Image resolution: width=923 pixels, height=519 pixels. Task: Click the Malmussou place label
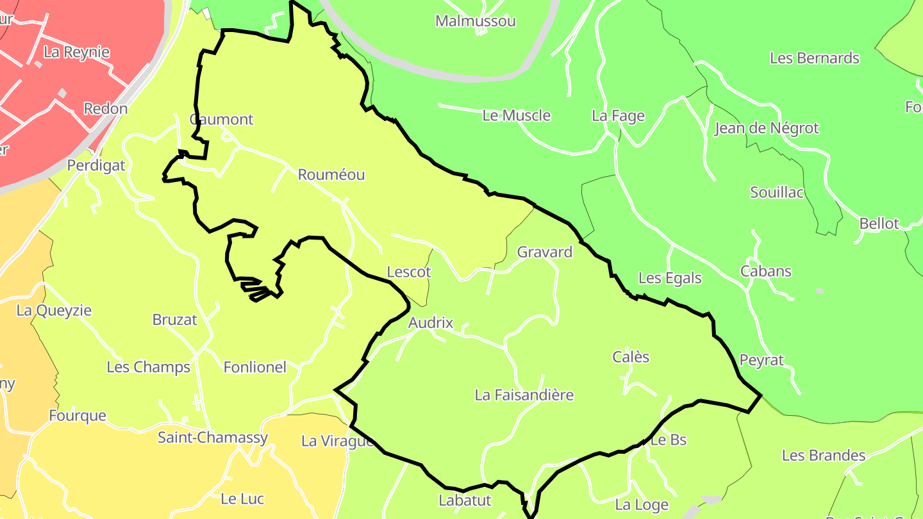(475, 21)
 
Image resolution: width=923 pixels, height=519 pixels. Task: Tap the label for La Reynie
(76, 53)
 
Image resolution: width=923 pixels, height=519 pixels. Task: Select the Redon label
(106, 109)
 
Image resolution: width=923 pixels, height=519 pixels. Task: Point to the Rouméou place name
(331, 175)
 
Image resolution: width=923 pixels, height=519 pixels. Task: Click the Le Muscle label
(516, 115)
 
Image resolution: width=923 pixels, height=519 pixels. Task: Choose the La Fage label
(618, 116)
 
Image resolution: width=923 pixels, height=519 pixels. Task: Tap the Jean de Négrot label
(766, 128)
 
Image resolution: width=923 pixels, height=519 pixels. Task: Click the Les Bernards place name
(814, 58)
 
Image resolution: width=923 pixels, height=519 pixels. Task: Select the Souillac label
(777, 192)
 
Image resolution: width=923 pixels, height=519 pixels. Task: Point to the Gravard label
(544, 252)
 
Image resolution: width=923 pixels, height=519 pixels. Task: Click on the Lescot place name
(409, 272)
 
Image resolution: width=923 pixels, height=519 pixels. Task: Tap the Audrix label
(430, 323)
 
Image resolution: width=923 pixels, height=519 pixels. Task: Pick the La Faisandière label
(524, 395)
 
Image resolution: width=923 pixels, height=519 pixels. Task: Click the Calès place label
(631, 358)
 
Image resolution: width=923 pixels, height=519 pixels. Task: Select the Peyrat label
(761, 360)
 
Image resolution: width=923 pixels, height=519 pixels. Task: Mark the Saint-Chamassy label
(213, 438)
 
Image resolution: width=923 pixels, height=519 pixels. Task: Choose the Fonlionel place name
(254, 368)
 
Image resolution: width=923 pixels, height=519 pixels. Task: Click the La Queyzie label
(54, 311)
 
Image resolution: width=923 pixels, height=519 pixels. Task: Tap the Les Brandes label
(823, 456)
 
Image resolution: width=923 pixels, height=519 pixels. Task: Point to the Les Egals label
(670, 279)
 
